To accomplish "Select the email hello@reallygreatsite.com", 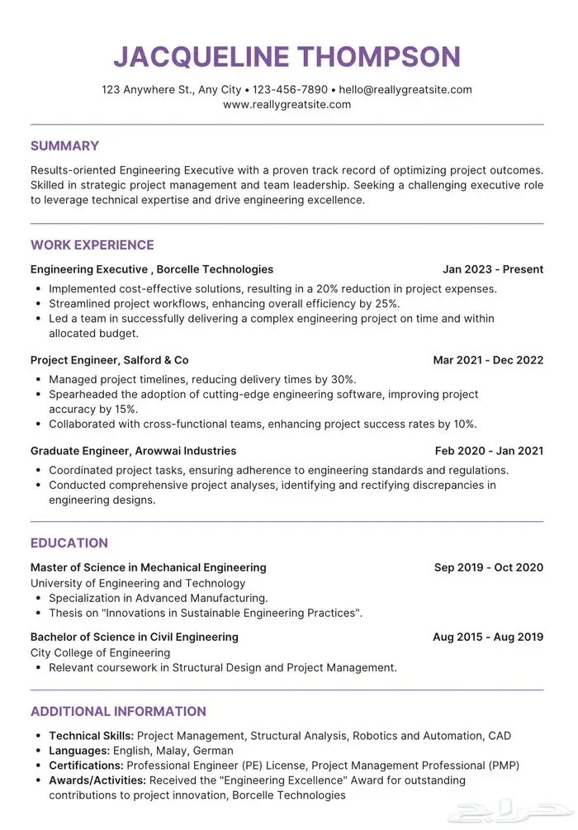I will tap(405, 89).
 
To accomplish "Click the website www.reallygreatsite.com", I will tap(287, 105).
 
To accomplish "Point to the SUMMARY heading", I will tap(64, 146).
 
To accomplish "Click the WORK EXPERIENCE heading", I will tap(92, 245).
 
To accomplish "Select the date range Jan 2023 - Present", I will tap(493, 269).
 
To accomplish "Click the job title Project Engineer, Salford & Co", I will tap(110, 360).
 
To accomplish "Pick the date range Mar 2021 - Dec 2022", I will tap(488, 360).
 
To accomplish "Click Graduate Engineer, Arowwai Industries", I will tap(134, 451).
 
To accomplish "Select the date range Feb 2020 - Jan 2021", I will tap(489, 451).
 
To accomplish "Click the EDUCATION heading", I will tap(69, 543).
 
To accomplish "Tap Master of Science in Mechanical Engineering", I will tap(149, 567).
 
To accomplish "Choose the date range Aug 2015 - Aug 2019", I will tap(488, 637).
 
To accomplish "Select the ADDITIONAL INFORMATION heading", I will tap(118, 712).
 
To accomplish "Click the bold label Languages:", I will tap(78, 751).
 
